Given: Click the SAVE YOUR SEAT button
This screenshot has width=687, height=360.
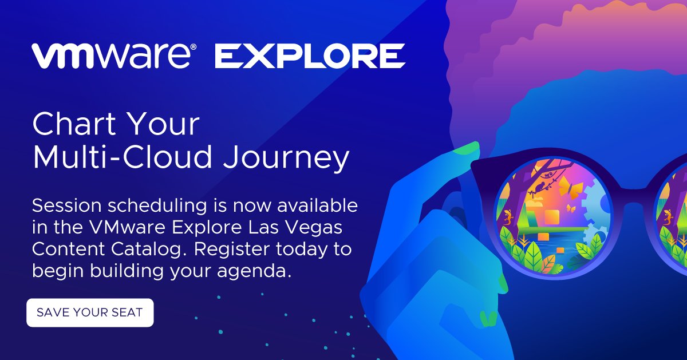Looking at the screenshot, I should (x=90, y=312).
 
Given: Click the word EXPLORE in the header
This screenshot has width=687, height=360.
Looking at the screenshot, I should (x=309, y=56).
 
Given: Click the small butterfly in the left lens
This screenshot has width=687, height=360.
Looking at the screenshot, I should (x=570, y=209).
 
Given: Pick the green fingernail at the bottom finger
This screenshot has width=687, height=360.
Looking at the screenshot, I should (x=488, y=318).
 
